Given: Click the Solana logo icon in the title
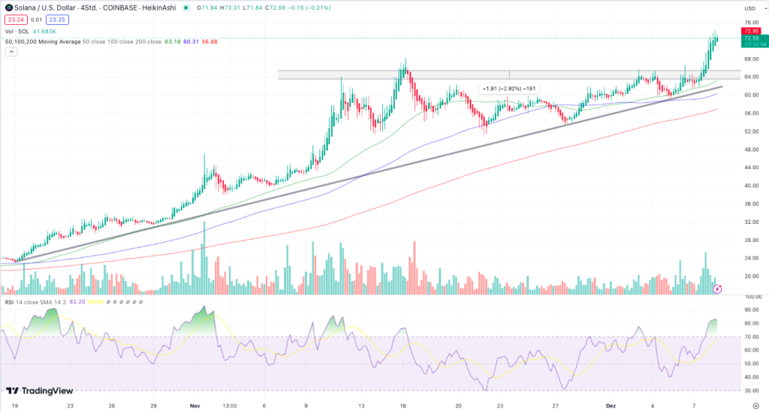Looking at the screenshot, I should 9,7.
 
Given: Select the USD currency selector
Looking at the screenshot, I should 749,8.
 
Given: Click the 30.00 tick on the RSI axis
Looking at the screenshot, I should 750,391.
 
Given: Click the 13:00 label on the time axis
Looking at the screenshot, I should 229,403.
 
